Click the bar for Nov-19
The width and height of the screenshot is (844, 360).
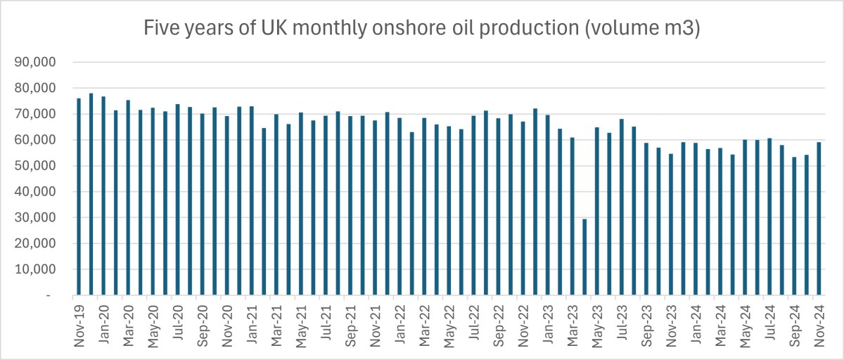(79, 197)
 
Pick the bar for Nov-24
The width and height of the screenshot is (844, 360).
(819, 219)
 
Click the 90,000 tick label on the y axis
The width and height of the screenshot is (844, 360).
(37, 63)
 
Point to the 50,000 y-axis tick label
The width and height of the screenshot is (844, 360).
(37, 166)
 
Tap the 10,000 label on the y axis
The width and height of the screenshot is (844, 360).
(37, 269)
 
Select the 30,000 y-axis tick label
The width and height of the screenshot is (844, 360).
(37, 218)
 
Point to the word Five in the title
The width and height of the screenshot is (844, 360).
(160, 29)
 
